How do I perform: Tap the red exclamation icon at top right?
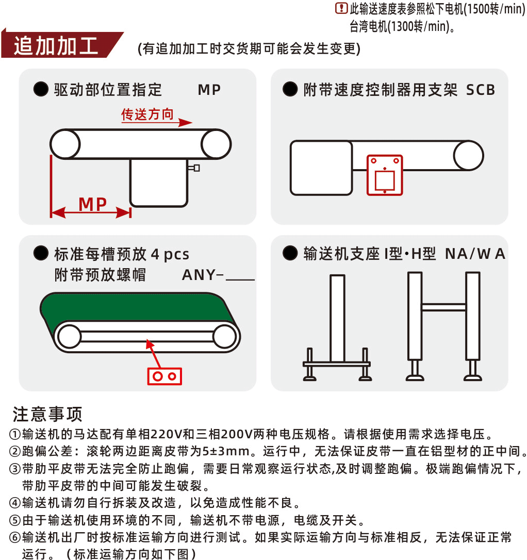[x=341, y=8]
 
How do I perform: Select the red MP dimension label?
[x=93, y=204]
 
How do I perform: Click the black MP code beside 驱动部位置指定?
[x=209, y=90]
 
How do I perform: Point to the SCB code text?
[x=480, y=90]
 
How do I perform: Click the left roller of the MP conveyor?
[x=65, y=144]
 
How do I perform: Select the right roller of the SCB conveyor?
[x=468, y=155]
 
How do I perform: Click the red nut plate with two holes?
[x=164, y=376]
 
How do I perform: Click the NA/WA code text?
[x=475, y=254]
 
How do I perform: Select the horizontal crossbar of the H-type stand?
[x=443, y=307]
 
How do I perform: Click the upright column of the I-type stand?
[x=337, y=317]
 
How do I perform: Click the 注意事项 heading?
[x=47, y=414]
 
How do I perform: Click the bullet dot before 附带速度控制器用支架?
[x=290, y=90]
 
